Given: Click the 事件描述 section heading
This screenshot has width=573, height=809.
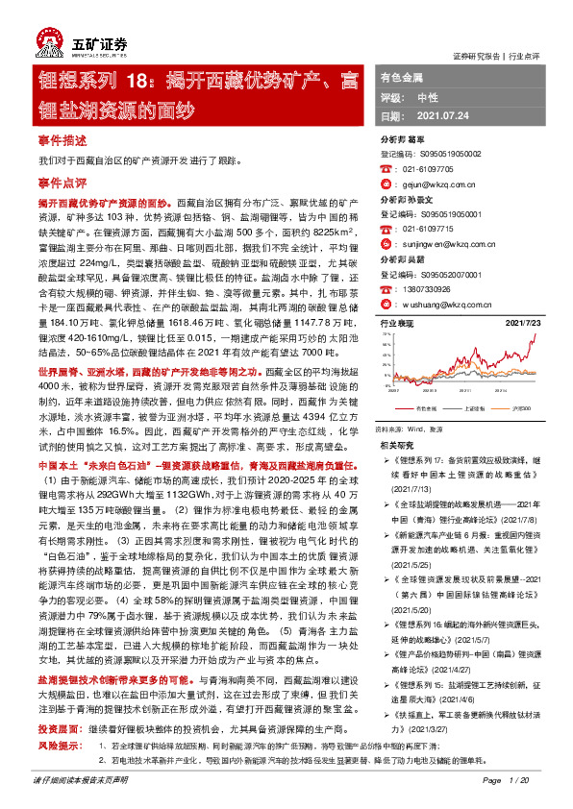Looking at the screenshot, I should point(62,140).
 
